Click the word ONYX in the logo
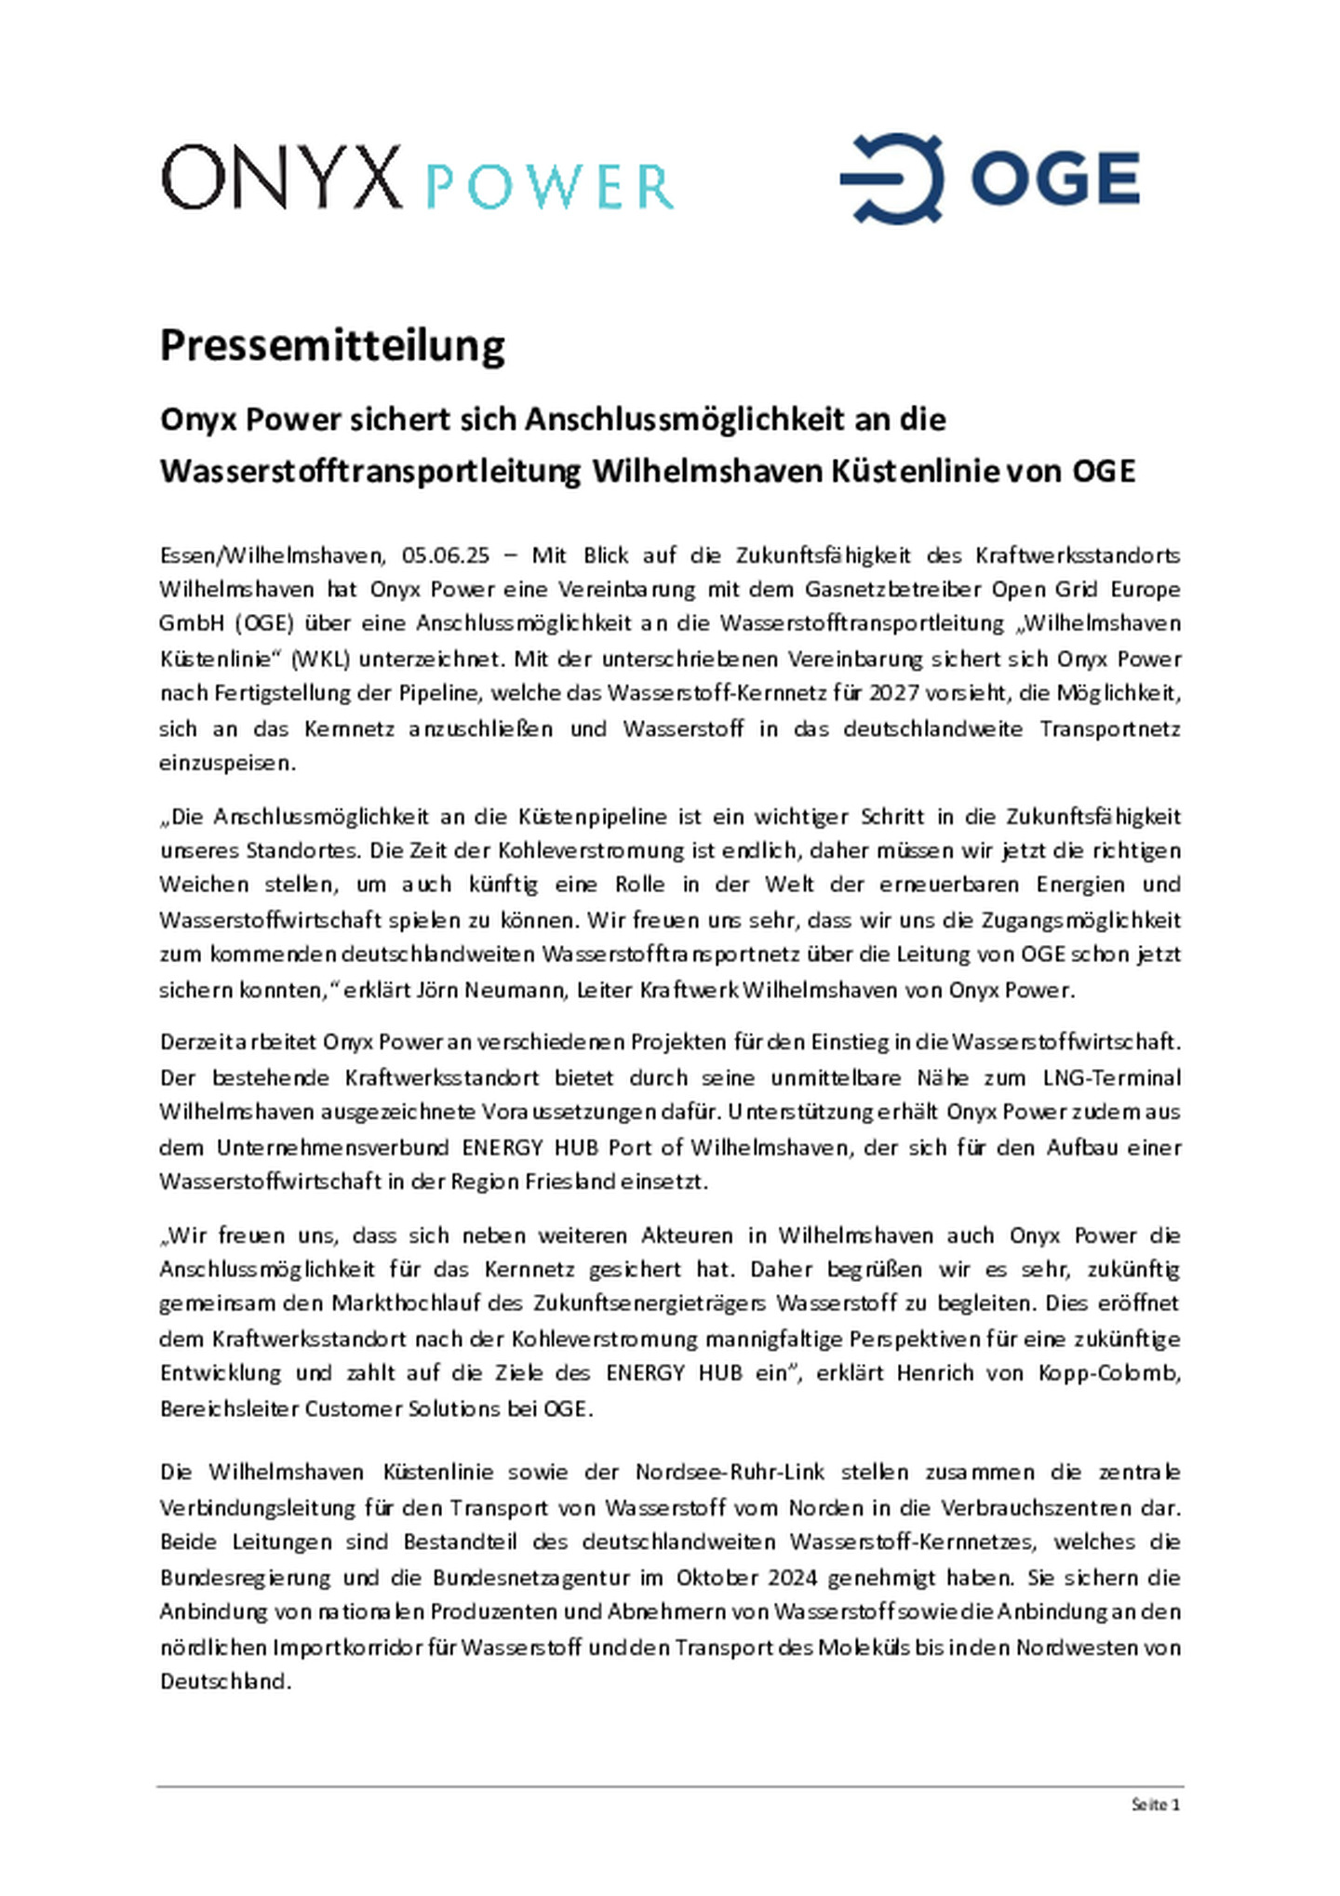tap(280, 177)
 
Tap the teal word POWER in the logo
tap(549, 187)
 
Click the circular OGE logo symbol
tap(891, 178)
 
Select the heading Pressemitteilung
tap(332, 345)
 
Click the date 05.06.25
tap(446, 555)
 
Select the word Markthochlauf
tap(406, 1303)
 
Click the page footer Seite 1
tap(1156, 1805)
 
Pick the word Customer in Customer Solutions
tap(350, 1409)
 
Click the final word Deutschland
tap(225, 1682)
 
